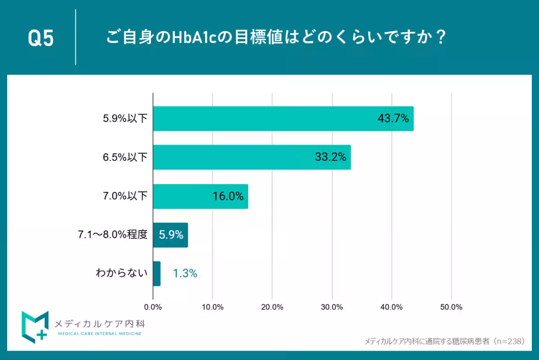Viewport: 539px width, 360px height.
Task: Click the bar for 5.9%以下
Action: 283,119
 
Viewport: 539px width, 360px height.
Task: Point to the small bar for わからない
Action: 157,274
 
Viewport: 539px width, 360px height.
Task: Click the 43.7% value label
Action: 393,119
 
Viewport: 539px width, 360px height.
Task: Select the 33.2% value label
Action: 330,157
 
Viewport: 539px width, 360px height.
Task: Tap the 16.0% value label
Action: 228,196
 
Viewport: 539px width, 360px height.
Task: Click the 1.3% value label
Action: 185,274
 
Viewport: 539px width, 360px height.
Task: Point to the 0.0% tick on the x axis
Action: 153,307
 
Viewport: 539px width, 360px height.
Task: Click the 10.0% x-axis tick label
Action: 212,307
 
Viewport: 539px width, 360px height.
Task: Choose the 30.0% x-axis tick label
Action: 332,307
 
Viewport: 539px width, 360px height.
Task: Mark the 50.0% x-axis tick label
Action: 451,307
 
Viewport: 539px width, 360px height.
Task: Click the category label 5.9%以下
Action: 125,119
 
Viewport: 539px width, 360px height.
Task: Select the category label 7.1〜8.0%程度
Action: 113,235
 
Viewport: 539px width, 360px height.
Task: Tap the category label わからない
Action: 122,273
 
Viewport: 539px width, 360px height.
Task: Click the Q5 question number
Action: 41,38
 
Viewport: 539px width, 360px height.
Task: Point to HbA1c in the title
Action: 198,37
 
